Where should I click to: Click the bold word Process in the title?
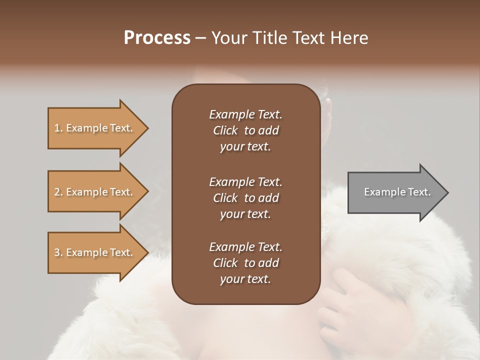pyautogui.click(x=157, y=38)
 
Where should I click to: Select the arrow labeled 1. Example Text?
pyautogui.click(x=95, y=128)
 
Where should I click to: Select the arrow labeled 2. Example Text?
pyautogui.click(x=95, y=192)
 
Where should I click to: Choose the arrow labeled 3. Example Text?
pyautogui.click(x=95, y=252)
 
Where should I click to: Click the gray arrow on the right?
pyautogui.click(x=395, y=192)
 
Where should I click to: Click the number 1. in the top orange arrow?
pyautogui.click(x=58, y=128)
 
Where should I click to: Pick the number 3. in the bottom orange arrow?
pyautogui.click(x=58, y=253)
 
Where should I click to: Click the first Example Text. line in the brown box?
pyautogui.click(x=245, y=114)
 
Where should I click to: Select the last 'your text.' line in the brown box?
pyautogui.click(x=245, y=279)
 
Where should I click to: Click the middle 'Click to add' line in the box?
pyautogui.click(x=245, y=198)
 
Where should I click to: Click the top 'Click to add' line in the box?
pyautogui.click(x=245, y=131)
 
